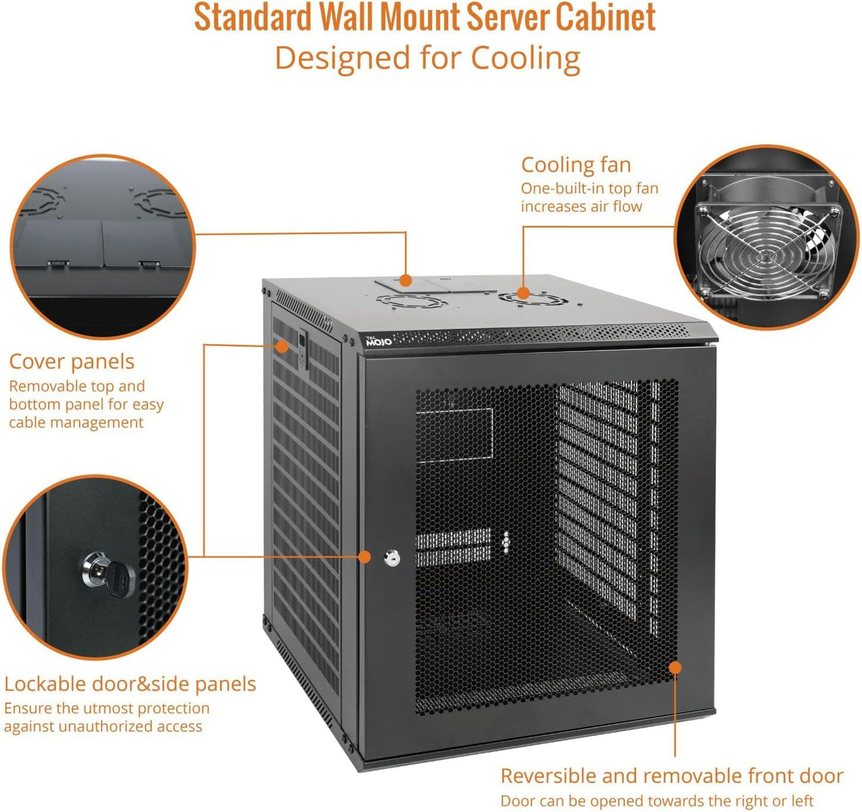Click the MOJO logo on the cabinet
pos(378,341)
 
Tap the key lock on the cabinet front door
pos(392,558)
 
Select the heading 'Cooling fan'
pos(576,165)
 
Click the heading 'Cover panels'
pos(72,362)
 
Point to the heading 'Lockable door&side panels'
pos(130,684)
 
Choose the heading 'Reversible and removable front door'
pos(671,776)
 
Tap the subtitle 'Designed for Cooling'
pos(427,58)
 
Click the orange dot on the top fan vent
pos(523,293)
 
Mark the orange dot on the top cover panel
pos(406,280)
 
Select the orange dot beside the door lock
pos(364,557)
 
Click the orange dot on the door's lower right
pos(675,666)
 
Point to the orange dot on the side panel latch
pos(282,345)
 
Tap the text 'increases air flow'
pos(581,206)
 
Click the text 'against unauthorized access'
pos(103,726)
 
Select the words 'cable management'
pos(76,422)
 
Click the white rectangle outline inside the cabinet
pos(455,436)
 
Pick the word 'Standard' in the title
pos(253,18)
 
